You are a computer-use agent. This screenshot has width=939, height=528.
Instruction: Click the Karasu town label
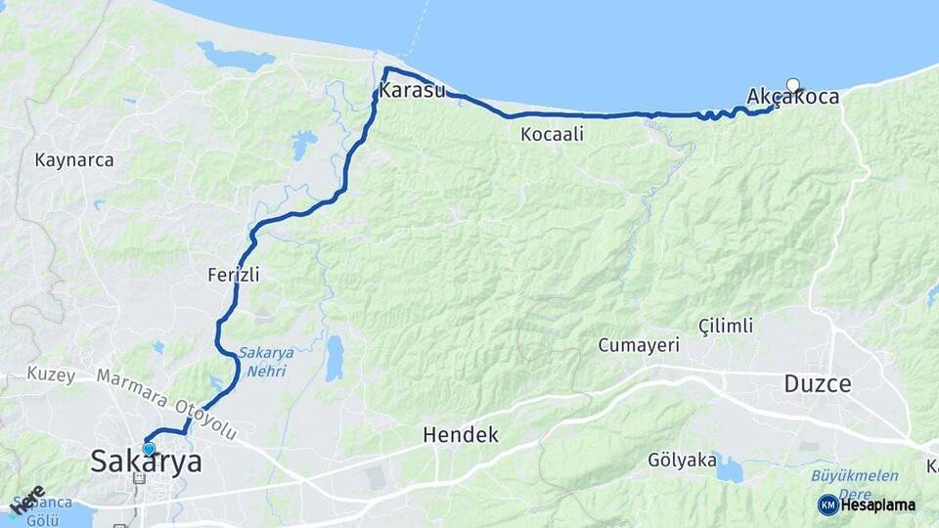click(412, 92)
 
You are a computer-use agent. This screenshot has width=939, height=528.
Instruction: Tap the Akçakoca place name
click(792, 97)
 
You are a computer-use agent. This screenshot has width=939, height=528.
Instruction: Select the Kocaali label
click(553, 134)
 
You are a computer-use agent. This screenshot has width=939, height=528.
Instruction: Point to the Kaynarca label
click(74, 159)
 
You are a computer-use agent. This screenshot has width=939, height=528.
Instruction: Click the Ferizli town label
click(234, 275)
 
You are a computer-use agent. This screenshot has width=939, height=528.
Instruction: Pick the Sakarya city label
click(147, 462)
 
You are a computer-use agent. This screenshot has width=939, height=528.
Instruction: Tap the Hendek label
click(461, 436)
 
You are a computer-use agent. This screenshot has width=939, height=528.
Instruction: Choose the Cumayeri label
click(639, 345)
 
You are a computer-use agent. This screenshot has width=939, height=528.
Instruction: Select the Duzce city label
click(818, 384)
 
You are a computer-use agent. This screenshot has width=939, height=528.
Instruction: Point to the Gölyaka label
click(682, 460)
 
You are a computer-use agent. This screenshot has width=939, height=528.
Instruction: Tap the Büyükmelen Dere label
click(855, 483)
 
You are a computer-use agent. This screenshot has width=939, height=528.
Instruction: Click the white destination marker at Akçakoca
click(792, 85)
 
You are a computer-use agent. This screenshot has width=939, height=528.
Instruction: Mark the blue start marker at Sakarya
click(149, 449)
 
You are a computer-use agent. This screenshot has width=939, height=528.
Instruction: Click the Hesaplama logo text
click(877, 505)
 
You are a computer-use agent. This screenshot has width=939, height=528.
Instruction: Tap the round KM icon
click(827, 505)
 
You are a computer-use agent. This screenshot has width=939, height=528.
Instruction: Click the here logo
click(27, 500)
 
